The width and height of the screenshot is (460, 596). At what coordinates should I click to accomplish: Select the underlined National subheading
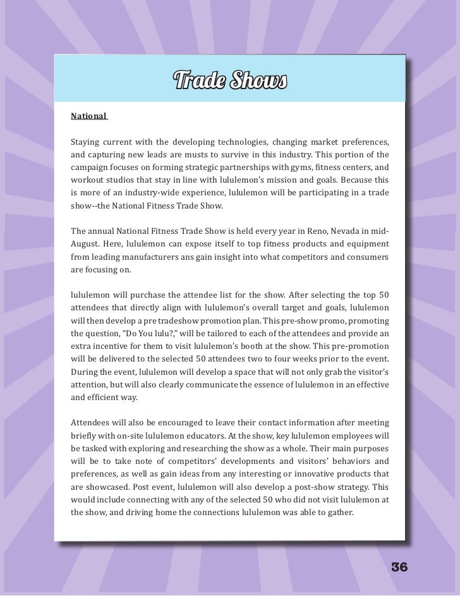pyautogui.click(x=88, y=116)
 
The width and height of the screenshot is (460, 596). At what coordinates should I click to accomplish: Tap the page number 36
pyautogui.click(x=399, y=566)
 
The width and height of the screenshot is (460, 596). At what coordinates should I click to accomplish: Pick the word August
pyautogui.click(x=87, y=244)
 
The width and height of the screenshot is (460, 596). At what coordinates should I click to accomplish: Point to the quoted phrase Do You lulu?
pyautogui.click(x=143, y=332)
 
